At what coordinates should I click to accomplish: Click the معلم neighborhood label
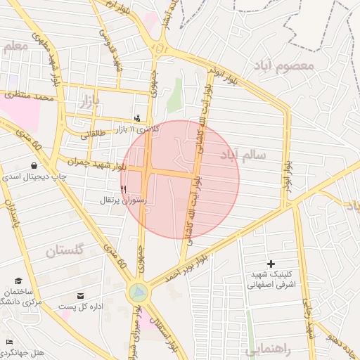(x=15, y=47)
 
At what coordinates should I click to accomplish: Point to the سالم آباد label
(x=240, y=155)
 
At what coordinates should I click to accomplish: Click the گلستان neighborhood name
(x=65, y=250)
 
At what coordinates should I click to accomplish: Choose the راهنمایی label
(x=269, y=349)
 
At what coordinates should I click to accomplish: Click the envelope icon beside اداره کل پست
(x=80, y=295)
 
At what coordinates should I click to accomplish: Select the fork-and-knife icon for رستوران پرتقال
(x=124, y=188)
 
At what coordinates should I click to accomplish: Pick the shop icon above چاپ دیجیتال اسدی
(x=34, y=166)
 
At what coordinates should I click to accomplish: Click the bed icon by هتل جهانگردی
(x=8, y=341)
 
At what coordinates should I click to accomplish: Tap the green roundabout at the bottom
(x=139, y=291)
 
